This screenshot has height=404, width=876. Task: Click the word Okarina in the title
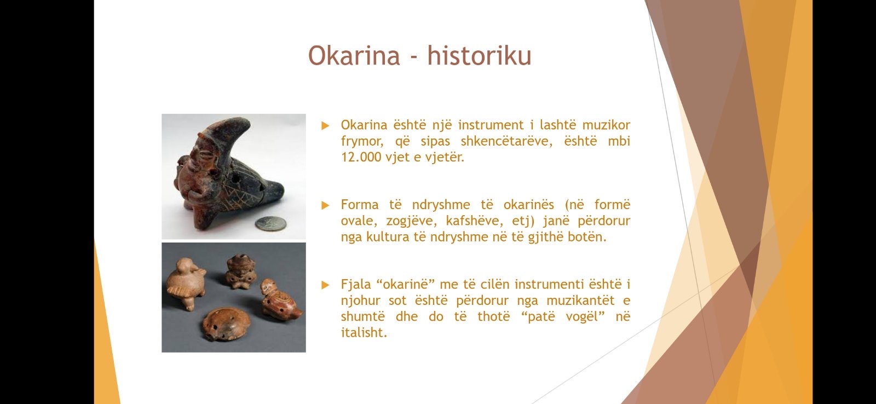tap(354, 55)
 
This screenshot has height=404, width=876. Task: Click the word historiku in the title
tap(480, 55)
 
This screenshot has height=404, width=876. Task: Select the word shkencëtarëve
tap(506, 142)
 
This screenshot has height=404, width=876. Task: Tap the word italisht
tap(364, 332)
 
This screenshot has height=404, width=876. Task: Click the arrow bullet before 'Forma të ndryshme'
tap(325, 205)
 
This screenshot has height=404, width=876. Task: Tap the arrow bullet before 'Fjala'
tap(325, 285)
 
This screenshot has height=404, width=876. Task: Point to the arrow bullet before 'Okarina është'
tap(325, 125)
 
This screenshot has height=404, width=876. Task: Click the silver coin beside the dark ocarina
tap(270, 224)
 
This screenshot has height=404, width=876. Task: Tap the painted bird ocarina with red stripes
tap(280, 301)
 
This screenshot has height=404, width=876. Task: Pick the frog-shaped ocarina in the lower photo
tap(240, 271)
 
